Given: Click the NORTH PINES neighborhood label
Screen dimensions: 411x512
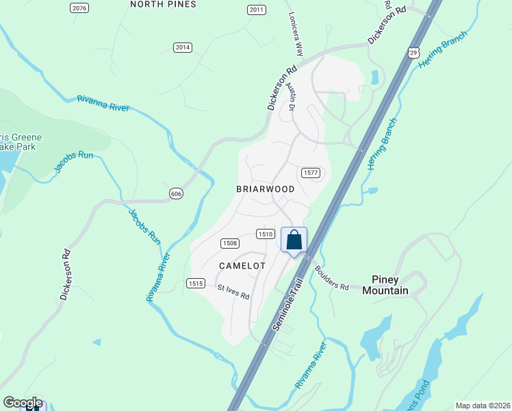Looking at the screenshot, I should coord(163,4).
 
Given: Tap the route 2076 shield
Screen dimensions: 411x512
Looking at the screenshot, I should coord(79,8).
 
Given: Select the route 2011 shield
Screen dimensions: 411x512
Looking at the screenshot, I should coord(256,10).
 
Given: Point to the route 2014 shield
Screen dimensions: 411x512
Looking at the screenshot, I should coord(182,47).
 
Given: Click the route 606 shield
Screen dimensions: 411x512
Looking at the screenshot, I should coord(177,195).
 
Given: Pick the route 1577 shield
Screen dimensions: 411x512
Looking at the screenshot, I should coord(309,173).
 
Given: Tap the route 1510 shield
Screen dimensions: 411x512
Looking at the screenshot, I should coord(266,234).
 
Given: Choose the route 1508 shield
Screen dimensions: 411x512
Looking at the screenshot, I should coord(230,243).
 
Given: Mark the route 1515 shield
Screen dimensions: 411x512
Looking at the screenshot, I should coord(196,283).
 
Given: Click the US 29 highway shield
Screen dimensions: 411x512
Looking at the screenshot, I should coord(413,52).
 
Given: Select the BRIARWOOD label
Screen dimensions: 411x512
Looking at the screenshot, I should coord(266,189).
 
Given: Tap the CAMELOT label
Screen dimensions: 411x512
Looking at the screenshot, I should coord(242,265).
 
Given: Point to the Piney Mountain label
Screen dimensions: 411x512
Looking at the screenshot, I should coord(389,285).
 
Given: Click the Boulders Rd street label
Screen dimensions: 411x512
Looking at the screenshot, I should coord(332,277).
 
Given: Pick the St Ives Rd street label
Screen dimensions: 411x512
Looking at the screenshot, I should coord(233,292).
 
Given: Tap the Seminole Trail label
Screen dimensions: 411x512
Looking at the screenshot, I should coord(287,310).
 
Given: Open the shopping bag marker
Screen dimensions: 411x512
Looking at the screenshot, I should coord(294,240).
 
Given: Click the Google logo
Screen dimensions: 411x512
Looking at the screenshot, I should coord(23,403).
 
